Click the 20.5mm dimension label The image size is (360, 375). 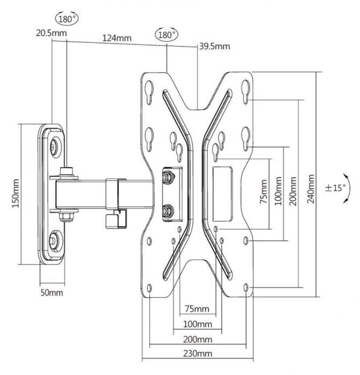pos(51,33)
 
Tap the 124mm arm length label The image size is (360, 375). pos(117,38)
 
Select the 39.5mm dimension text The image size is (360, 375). pos(215,46)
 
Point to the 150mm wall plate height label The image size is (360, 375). pos(16,193)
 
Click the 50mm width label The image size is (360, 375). pos(51,292)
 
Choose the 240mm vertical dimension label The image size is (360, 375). pos(311,189)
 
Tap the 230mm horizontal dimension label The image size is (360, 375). pos(198,354)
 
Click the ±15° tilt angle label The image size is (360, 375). pos(335,187)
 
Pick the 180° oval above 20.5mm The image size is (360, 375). pos(67,19)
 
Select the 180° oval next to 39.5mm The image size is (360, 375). pos(167,35)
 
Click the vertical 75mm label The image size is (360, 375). pos(264,191)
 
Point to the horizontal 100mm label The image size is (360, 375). pos(198,324)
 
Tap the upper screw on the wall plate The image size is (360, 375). pos(55,145)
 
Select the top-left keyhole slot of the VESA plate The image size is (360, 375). pos(149,92)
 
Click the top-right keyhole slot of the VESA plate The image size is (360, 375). pos(246,92)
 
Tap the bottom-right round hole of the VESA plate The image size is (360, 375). pos(246,288)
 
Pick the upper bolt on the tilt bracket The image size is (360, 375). pos(168,176)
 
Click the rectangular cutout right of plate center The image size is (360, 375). pos(222,194)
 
